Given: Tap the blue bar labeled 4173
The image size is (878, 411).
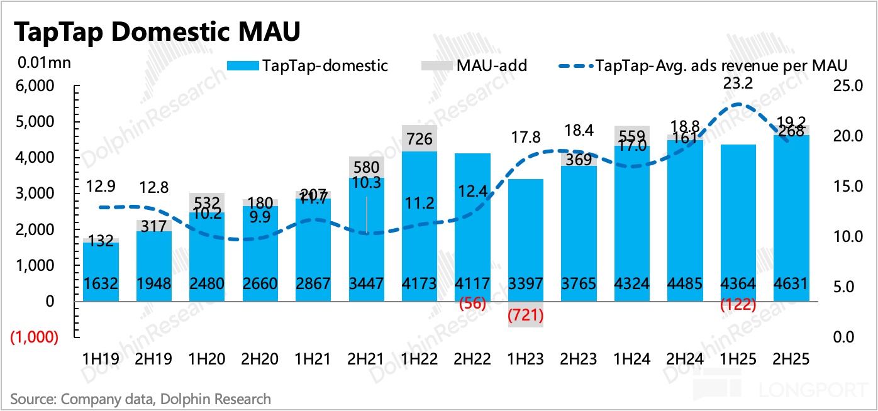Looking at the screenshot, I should pos(420,226).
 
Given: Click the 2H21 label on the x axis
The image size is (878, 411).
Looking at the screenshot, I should pos(366,359).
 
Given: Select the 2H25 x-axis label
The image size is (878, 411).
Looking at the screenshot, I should pos(791,359).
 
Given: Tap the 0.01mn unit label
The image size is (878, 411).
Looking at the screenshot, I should pos(45,63).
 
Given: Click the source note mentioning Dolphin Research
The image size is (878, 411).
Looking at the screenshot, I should pos(141,398).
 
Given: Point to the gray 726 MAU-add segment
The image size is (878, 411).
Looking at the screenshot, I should pos(420,138).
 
